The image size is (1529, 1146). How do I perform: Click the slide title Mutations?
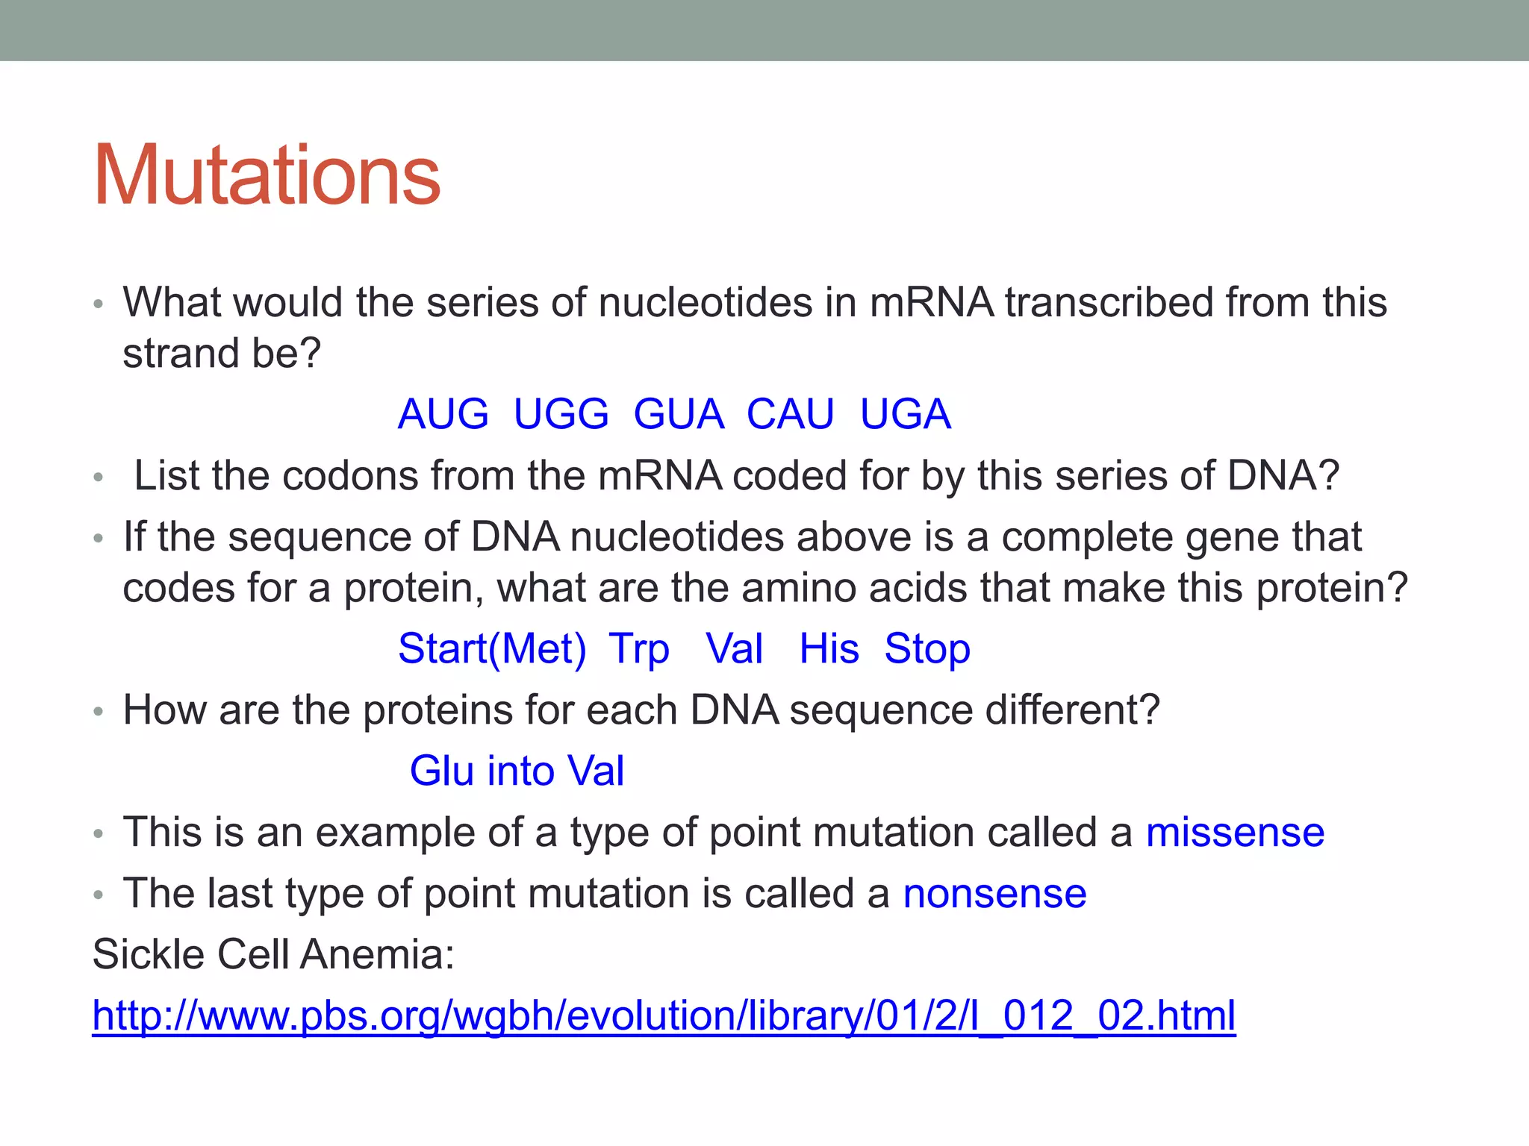coord(267,175)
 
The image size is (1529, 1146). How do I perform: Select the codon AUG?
coord(443,414)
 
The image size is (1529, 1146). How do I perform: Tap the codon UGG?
coord(561,414)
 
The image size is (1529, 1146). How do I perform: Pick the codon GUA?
coord(678,414)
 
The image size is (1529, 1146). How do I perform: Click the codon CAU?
coord(790,414)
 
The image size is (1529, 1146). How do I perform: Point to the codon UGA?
coord(905,414)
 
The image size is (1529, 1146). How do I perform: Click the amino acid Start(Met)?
coord(492,648)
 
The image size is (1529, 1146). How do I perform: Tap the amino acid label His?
coord(829,648)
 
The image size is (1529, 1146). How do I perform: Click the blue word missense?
coord(1235,833)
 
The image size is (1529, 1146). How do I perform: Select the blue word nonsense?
coord(994,894)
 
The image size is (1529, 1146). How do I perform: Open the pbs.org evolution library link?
coord(664,1016)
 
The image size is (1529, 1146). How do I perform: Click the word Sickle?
coord(148,954)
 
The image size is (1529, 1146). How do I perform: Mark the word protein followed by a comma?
coord(414,589)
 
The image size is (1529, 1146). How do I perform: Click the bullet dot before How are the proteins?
coord(98,712)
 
